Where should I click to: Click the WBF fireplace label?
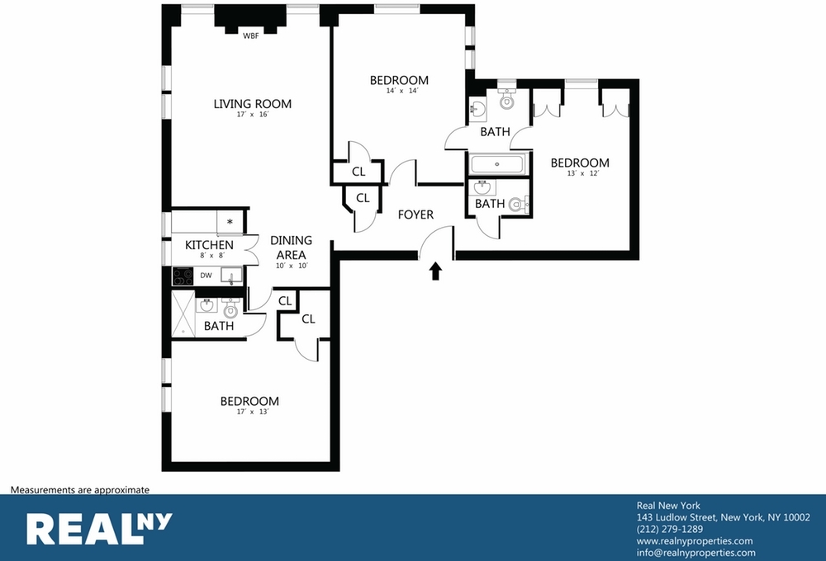click(x=251, y=36)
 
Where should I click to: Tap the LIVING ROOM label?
click(x=252, y=104)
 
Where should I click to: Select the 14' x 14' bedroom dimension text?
click(x=402, y=91)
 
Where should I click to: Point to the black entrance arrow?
click(x=435, y=271)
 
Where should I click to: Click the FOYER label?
click(x=415, y=214)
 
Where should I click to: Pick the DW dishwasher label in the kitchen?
click(x=206, y=276)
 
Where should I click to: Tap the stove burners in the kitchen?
click(x=183, y=276)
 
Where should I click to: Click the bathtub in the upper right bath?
click(x=496, y=164)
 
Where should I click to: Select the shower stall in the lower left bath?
click(x=183, y=313)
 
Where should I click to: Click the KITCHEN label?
click(x=209, y=245)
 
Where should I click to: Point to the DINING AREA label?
click(x=291, y=247)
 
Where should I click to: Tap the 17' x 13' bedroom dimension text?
click(x=253, y=412)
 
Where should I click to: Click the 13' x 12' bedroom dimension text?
click(x=583, y=173)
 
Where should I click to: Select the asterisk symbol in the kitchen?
click(x=230, y=222)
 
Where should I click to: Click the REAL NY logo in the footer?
click(x=99, y=528)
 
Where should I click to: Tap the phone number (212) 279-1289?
click(x=670, y=529)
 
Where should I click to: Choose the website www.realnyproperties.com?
click(x=695, y=541)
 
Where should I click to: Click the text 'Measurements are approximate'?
click(x=80, y=490)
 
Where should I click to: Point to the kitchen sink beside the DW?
click(x=231, y=276)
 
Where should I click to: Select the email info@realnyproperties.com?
click(x=695, y=553)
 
